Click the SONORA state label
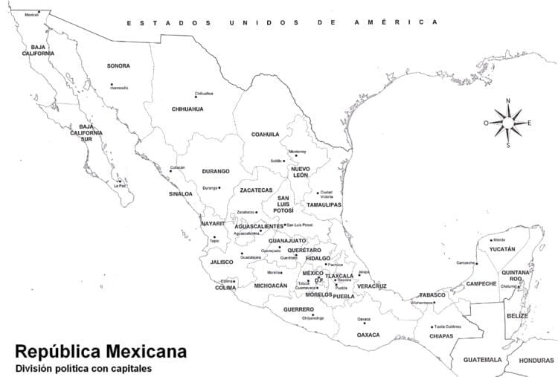point(118,66)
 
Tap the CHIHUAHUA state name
point(187,109)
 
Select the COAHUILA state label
point(265,135)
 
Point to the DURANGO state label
point(216,172)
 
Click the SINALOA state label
point(180,194)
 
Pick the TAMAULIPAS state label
point(324,204)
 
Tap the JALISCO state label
point(222,262)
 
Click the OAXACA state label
point(368,335)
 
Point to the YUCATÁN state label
point(502,249)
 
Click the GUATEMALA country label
point(482,360)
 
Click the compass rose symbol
point(508,123)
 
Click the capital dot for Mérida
point(492,240)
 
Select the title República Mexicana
point(100,351)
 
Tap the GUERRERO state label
point(298,309)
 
